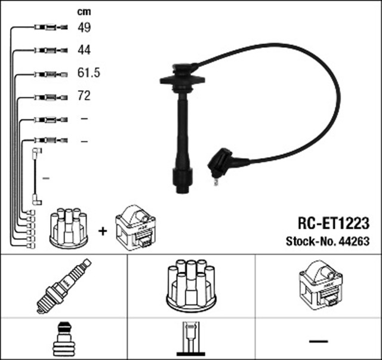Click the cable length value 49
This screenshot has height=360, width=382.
[x=84, y=27]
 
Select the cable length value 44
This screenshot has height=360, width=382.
[x=84, y=50]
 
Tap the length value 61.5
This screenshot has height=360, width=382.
[x=88, y=73]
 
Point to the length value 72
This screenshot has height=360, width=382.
[x=84, y=96]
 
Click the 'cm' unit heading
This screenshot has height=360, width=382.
[x=84, y=11]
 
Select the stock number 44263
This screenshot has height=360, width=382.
[x=352, y=242]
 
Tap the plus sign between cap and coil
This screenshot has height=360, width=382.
[x=103, y=230]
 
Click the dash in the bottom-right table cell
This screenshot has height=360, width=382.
[x=319, y=340]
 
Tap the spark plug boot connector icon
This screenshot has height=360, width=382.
[x=63, y=340]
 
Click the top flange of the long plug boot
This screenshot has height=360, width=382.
[x=182, y=79]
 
